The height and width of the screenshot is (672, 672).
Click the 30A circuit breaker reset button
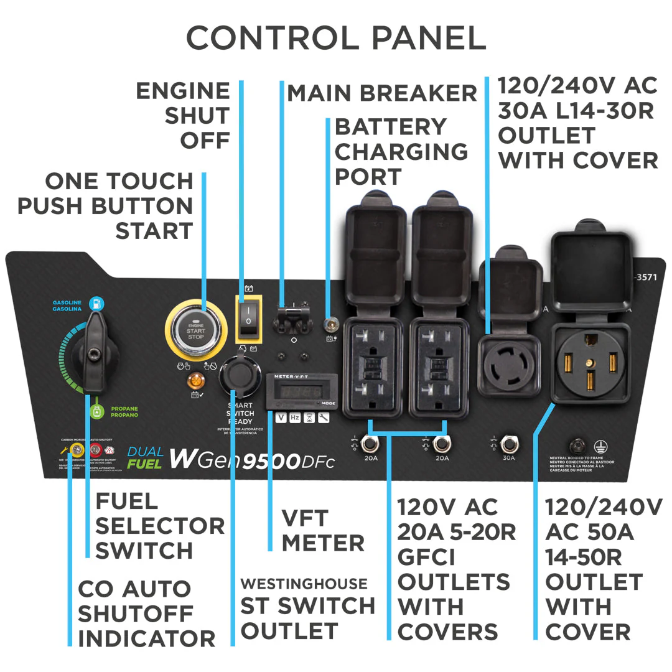coord(509,444)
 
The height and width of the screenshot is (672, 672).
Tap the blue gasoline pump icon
coord(96,303)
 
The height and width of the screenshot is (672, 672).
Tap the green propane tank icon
coord(96,411)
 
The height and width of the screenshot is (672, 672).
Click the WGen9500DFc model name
coord(252,459)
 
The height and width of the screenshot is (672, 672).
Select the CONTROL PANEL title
coord(336,39)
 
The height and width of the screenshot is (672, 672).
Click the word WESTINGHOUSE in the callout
coord(304,584)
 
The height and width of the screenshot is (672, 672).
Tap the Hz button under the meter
coord(294,418)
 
